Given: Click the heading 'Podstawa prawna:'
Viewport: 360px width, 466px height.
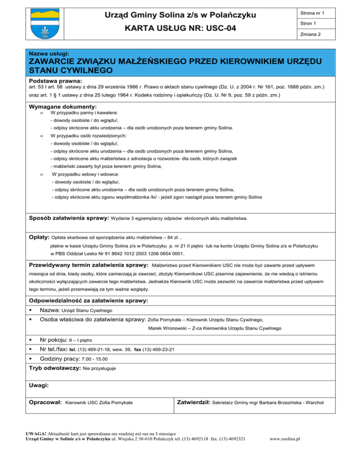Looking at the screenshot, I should point(54,81).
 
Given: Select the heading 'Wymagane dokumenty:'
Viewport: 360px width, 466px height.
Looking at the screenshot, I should point(60,107).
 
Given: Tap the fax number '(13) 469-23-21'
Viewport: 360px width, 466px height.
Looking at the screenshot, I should point(159,349).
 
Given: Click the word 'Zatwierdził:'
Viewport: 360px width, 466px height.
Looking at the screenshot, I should point(195,402).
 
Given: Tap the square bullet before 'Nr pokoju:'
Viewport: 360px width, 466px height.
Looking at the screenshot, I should point(31,339).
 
